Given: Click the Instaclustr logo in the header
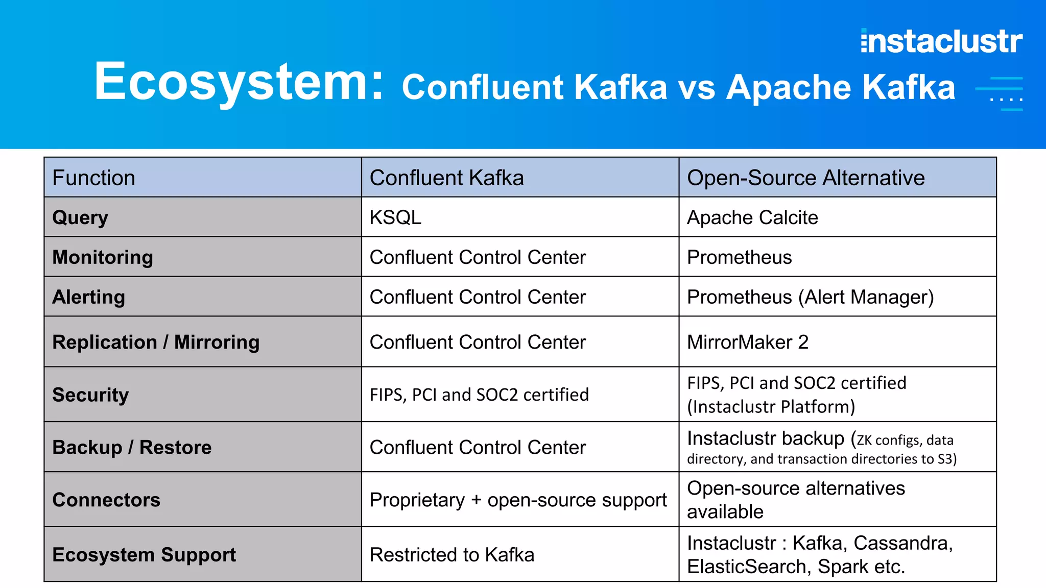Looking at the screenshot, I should coord(941,41).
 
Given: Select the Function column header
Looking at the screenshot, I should coord(94,178).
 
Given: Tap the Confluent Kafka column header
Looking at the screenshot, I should coord(446,178).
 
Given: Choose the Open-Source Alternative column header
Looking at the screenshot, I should coord(805,178).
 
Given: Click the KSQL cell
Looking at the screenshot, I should coord(395,217).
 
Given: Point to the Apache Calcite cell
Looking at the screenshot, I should coord(752,217).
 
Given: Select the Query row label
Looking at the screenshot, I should coord(80,217).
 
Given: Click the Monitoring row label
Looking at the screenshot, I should coord(103,257).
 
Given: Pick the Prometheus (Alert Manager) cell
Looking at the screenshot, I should coord(810,297).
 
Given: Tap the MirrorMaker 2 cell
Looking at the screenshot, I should coord(747,342).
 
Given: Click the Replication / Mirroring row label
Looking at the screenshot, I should coord(156,342).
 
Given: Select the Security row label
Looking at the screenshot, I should coord(90,395).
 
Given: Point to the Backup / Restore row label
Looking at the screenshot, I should coord(132,447).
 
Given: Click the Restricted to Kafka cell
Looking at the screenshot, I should coord(451,555).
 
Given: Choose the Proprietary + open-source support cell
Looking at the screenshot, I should coord(518,500).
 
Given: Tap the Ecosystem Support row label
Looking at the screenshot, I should coord(144,555).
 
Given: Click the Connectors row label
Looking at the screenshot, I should coord(106,500).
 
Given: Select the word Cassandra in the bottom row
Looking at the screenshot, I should coord(902,543).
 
